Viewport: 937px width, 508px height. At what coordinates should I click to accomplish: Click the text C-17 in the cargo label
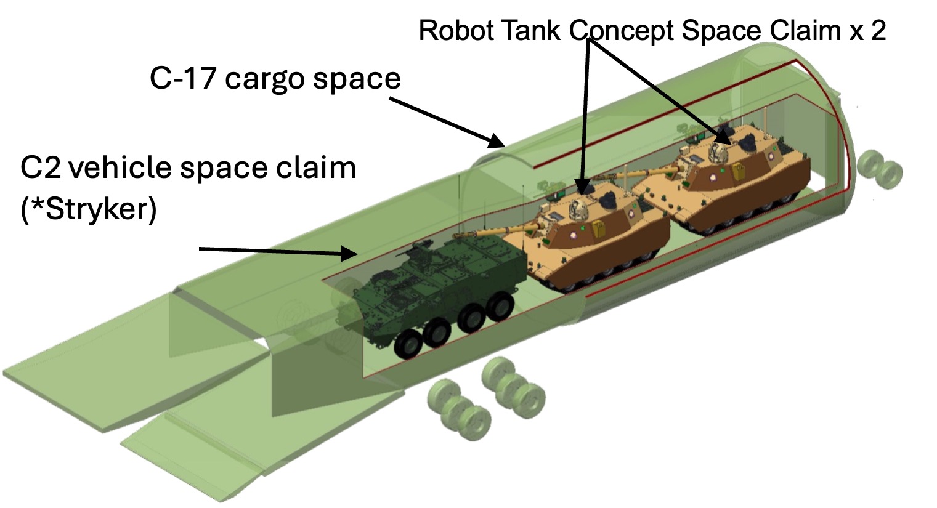pos(183,79)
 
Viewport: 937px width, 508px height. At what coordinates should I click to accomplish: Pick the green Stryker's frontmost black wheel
pos(407,342)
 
